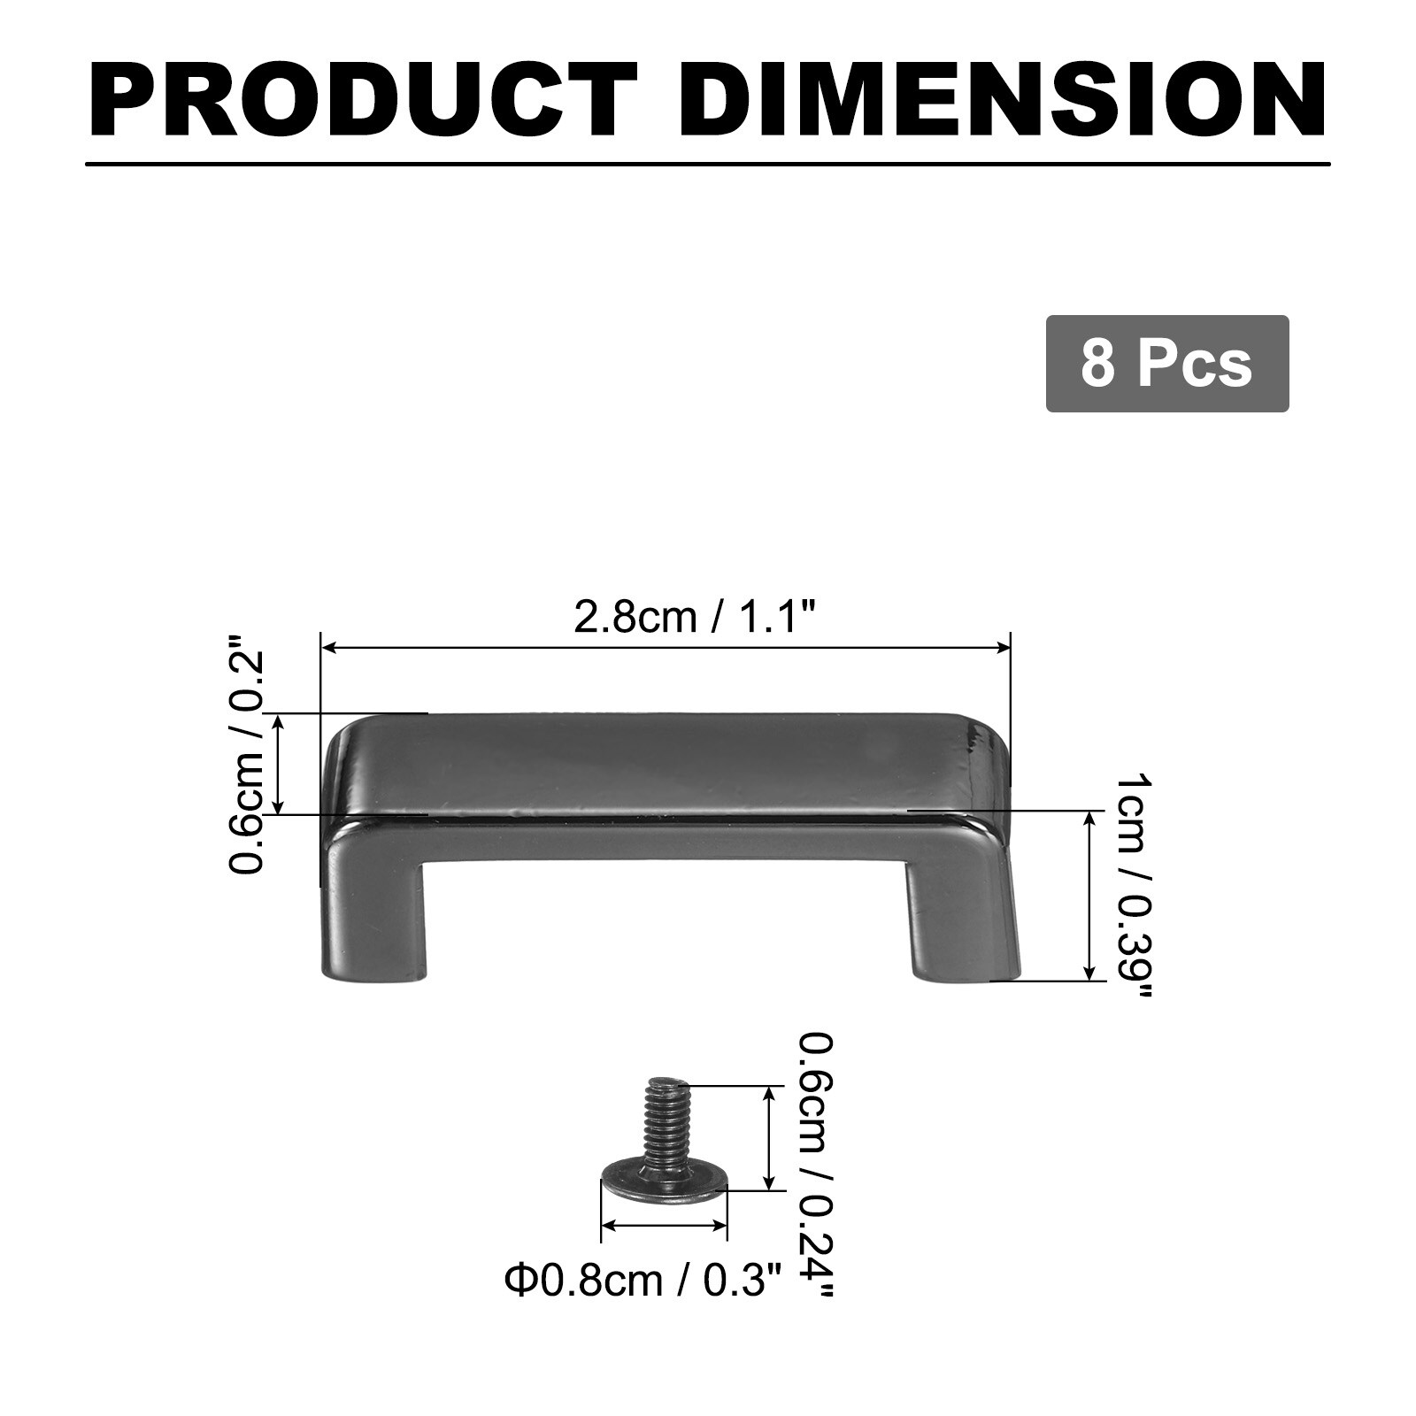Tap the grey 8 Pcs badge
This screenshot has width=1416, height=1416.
1167,363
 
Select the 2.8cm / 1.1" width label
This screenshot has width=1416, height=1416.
694,616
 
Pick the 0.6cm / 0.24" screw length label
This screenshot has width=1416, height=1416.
814,1164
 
